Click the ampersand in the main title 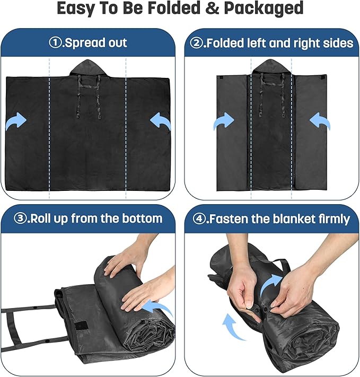[x=213, y=8]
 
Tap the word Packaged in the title [x=264, y=8]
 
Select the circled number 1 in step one [x=55, y=43]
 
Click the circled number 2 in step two [x=196, y=43]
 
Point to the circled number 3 [x=20, y=218]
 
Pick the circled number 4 [x=199, y=219]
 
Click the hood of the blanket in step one [x=88, y=68]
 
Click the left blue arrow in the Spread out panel [x=16, y=121]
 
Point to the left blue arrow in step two [x=224, y=121]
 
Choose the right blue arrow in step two [x=320, y=121]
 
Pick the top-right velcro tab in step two [x=323, y=77]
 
